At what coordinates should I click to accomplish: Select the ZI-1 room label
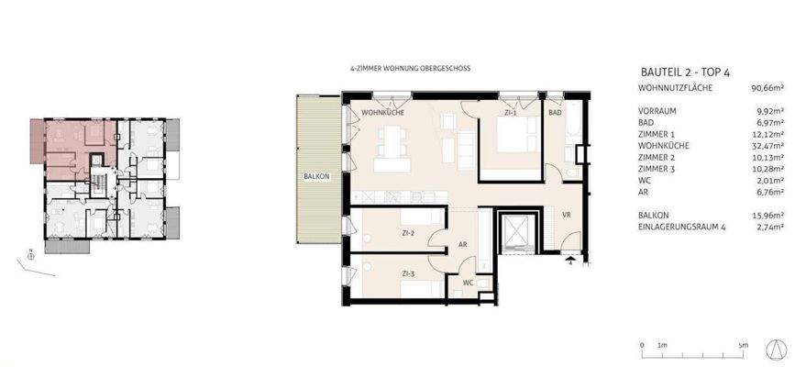pyautogui.click(x=511, y=113)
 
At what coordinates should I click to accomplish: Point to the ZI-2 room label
pyautogui.click(x=409, y=233)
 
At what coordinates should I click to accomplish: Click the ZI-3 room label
pyautogui.click(x=409, y=272)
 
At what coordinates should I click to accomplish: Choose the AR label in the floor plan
pyautogui.click(x=464, y=244)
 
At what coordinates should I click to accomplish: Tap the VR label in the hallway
pyautogui.click(x=567, y=216)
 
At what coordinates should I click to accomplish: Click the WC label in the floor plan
pyautogui.click(x=468, y=284)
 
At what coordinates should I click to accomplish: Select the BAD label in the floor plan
pyautogui.click(x=554, y=112)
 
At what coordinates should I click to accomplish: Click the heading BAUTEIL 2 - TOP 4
pyautogui.click(x=689, y=72)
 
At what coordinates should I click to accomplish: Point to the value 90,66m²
pyautogui.click(x=766, y=88)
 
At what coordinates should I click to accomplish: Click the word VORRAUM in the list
pyautogui.click(x=657, y=111)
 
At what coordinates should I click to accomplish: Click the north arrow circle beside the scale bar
pyautogui.click(x=778, y=347)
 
